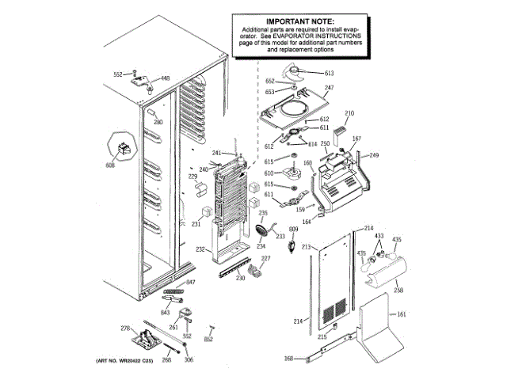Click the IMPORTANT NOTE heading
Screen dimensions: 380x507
[x=299, y=21]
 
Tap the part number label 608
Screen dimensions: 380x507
[x=110, y=165]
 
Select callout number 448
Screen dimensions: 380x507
[x=166, y=78]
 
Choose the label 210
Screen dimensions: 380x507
[x=349, y=113]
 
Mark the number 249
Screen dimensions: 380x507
[x=375, y=154]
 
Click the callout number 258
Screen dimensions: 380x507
[x=398, y=291]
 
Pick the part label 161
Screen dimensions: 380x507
[x=402, y=314]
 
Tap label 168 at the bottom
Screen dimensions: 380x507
[x=289, y=359]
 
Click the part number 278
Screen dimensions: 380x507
[x=124, y=328]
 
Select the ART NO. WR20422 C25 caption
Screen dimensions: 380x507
[x=125, y=361]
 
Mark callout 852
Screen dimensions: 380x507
[x=209, y=339]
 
